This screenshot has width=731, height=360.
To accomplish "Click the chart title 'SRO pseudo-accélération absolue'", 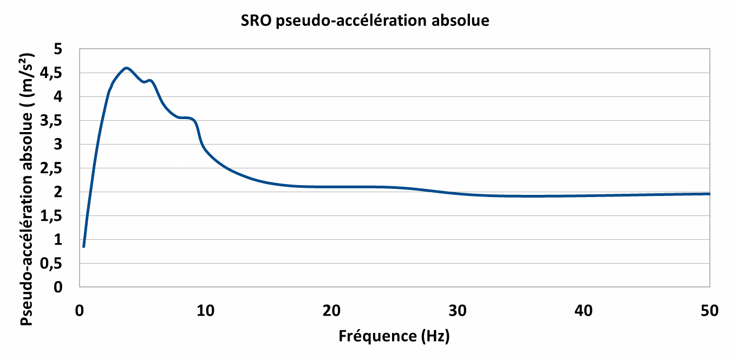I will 365,21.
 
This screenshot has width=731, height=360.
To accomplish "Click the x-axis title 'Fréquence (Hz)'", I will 394,336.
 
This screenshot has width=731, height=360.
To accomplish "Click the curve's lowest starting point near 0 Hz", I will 83,246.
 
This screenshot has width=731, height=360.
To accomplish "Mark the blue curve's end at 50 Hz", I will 709,193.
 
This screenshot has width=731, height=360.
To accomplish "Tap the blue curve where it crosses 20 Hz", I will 331,187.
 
